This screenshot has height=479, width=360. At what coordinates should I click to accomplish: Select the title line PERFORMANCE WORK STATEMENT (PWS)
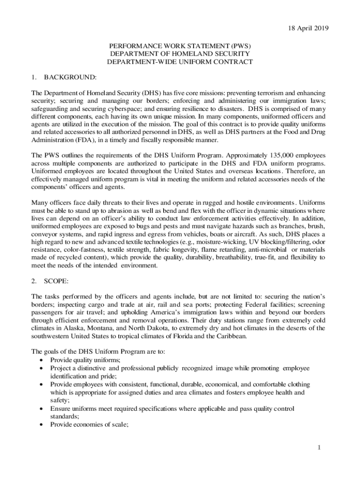[x=180, y=46]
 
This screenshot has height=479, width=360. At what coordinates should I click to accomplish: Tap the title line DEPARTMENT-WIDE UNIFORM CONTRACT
[x=180, y=62]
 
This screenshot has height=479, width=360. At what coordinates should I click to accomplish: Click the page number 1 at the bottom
[x=319, y=448]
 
